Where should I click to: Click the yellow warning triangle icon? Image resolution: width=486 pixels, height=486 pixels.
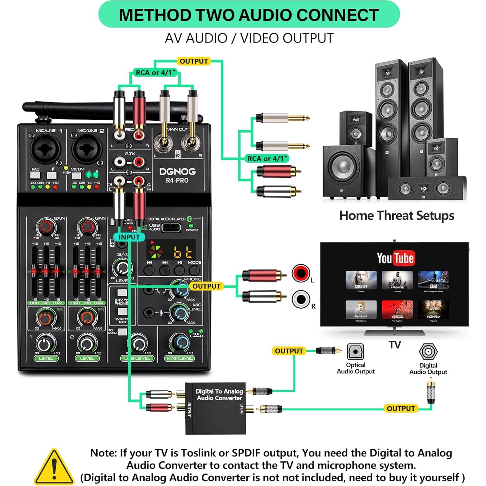point(54,468)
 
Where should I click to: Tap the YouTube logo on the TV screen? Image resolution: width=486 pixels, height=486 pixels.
point(395,258)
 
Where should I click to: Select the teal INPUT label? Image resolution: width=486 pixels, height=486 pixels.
point(129,237)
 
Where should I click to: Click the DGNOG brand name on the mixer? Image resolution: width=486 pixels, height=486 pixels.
point(177,172)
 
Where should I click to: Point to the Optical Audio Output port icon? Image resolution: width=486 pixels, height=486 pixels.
point(355,352)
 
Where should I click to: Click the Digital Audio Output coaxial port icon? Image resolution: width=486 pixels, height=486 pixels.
point(428,351)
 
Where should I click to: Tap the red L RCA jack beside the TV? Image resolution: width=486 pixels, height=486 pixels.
point(301,273)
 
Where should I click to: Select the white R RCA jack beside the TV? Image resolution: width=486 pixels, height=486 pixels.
point(301,299)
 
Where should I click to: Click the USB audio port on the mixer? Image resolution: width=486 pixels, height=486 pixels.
point(171,228)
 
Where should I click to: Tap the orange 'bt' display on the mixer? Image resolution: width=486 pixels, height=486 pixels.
point(184,252)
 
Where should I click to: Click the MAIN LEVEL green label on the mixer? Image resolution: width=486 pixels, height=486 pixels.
point(179,358)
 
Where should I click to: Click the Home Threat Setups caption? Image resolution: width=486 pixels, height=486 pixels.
point(396,216)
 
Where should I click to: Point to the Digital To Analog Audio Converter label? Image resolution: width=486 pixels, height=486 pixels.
point(219,395)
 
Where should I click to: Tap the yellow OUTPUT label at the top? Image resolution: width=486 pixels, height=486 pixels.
point(194,61)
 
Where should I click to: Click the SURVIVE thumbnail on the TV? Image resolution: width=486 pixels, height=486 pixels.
point(361,280)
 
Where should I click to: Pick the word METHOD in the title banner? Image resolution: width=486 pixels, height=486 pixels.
point(155,15)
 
